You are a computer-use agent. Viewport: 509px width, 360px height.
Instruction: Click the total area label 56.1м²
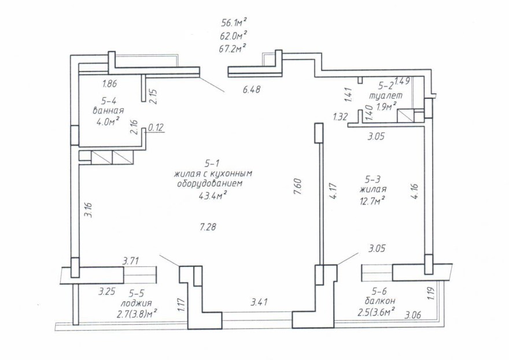point(234,23)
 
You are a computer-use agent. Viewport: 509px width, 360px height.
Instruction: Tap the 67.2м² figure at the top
point(233,49)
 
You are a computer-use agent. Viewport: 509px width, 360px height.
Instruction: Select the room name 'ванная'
point(108,110)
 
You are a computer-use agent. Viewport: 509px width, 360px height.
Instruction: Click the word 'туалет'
point(386,96)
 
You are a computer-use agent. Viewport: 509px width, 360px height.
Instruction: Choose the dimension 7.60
point(298,187)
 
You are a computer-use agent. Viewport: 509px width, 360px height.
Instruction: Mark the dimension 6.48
point(252,89)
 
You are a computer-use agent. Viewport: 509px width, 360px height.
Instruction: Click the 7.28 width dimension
point(208,227)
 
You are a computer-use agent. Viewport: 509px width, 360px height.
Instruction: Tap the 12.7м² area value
point(372,202)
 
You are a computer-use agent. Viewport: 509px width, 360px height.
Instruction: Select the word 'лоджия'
point(137,303)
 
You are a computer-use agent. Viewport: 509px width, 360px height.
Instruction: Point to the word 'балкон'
point(380,300)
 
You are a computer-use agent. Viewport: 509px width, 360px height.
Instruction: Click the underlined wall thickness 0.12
point(156,128)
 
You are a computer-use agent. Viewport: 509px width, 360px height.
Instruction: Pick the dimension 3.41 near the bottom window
point(259,302)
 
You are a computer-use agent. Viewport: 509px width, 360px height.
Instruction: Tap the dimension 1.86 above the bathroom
point(109,84)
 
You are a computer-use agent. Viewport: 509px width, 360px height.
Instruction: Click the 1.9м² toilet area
point(386,106)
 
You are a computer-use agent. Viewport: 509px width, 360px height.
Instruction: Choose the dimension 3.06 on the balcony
point(413,314)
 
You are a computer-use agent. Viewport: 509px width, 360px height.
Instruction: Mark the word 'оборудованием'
point(210,184)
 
